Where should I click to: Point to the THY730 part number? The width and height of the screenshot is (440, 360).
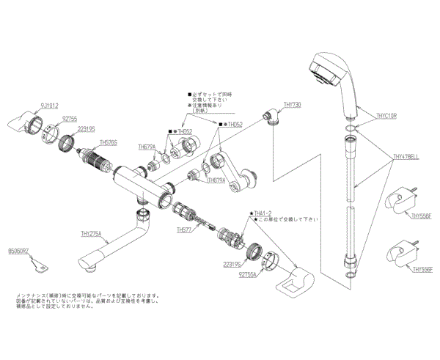[292, 105]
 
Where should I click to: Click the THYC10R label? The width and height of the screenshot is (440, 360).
[387, 115]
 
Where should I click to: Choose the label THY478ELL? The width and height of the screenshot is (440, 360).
[406, 156]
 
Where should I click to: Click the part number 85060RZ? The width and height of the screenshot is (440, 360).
[18, 251]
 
